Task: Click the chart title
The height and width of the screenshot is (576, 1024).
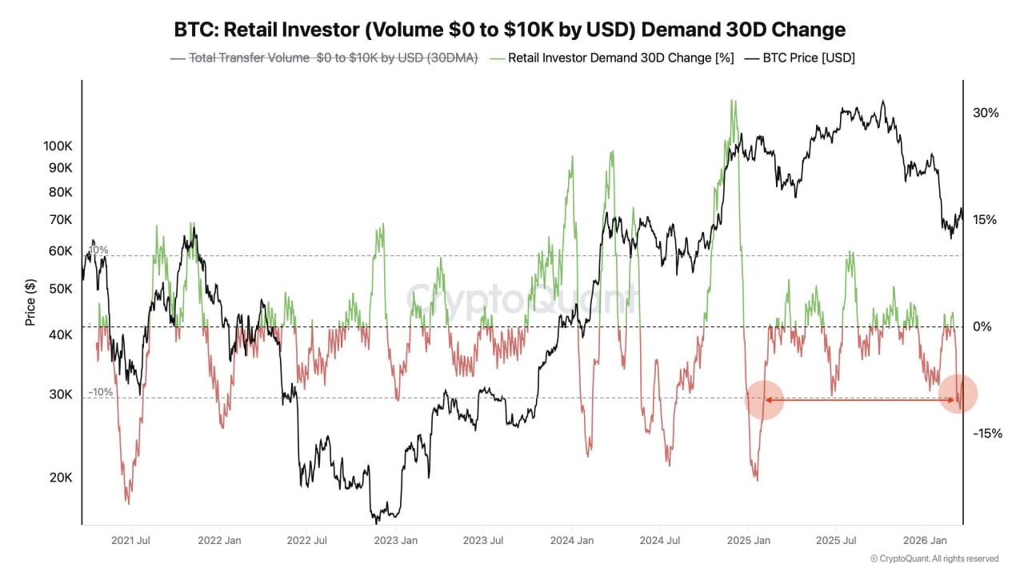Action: point(510,30)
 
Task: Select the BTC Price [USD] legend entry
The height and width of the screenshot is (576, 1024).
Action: point(800,58)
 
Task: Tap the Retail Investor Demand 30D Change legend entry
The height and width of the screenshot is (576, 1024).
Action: point(612,58)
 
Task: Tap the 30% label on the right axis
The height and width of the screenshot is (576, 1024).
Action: point(986,113)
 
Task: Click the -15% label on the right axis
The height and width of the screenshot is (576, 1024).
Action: point(986,433)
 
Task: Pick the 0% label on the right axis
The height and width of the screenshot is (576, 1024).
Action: point(982,326)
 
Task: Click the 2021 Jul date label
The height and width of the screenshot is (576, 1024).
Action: point(132,540)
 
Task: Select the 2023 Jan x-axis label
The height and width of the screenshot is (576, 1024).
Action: point(396,540)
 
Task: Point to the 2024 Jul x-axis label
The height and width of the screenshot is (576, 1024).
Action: point(660,540)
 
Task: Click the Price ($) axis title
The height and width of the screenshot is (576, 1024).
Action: point(30,302)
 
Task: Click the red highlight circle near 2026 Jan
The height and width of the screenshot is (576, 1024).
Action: point(958,394)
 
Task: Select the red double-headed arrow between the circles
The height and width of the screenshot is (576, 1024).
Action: point(861,399)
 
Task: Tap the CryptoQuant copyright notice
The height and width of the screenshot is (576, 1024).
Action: point(934,558)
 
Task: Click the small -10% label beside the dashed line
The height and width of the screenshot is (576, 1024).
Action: point(101,392)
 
